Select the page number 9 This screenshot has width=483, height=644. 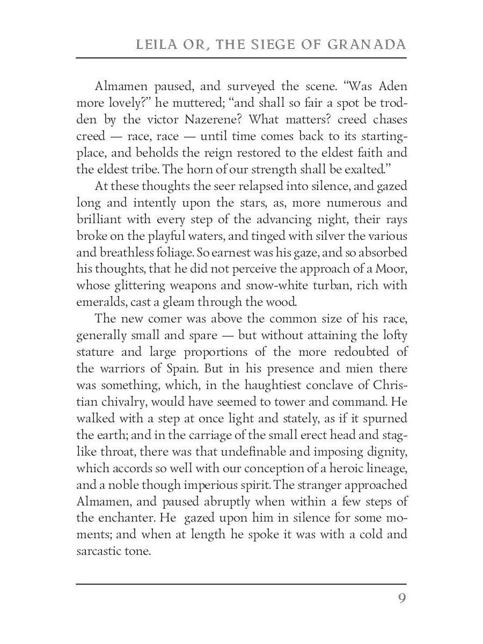(401, 598)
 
